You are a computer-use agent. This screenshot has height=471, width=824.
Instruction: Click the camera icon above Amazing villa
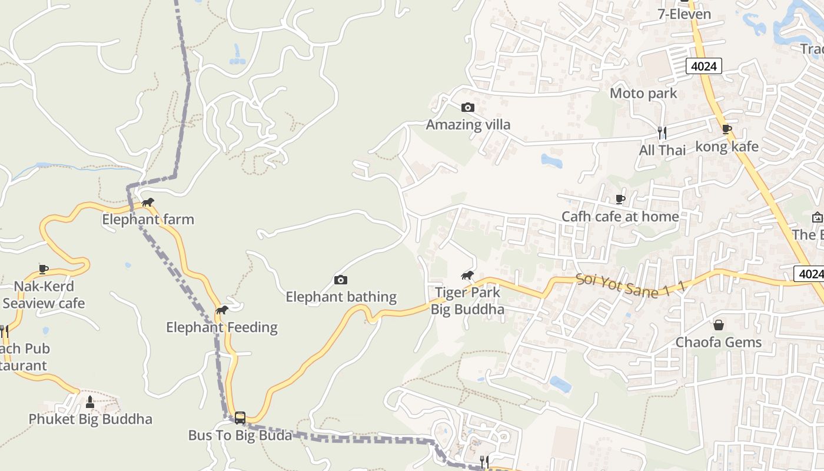[468, 107]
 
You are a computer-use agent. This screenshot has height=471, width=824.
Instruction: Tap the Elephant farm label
[148, 220]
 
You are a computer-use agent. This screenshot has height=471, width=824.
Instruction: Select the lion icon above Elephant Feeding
[222, 310]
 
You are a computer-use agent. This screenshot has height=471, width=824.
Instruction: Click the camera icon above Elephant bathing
[341, 280]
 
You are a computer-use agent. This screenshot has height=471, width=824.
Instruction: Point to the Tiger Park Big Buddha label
[467, 301]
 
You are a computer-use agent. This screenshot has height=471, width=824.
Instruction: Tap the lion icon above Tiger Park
[468, 275]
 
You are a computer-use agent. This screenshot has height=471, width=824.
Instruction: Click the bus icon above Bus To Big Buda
[240, 418]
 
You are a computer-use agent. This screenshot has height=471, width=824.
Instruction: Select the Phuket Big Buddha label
[91, 419]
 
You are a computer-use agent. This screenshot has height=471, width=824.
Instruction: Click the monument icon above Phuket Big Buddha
[90, 402]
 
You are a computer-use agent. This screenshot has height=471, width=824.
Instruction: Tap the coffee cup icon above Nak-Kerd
[44, 269]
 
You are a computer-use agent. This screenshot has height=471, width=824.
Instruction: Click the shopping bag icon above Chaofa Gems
[719, 325]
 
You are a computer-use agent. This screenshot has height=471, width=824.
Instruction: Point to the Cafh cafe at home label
[620, 217]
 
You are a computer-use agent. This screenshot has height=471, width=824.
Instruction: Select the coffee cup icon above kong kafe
[727, 130]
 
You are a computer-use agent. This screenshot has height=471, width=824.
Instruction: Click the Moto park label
[643, 93]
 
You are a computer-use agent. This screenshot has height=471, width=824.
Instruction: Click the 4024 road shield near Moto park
[704, 66]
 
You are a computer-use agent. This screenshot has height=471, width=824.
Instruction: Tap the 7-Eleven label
[685, 14]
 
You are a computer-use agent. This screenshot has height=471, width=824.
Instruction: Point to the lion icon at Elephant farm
[148, 203]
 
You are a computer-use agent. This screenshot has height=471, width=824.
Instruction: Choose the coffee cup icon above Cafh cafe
[620, 199]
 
